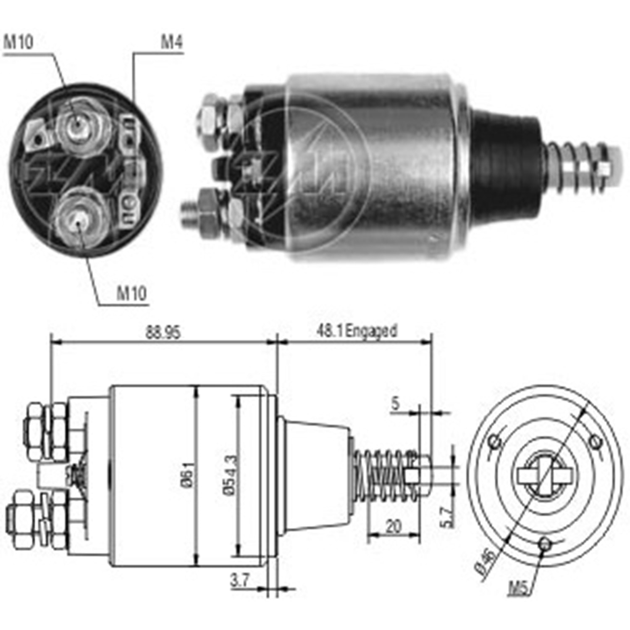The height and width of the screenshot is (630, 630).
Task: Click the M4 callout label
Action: (172, 42)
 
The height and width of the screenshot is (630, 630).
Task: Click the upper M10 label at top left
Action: (18, 42)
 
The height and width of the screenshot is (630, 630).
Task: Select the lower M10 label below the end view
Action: (131, 293)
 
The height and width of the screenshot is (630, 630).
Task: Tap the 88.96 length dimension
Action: (163, 333)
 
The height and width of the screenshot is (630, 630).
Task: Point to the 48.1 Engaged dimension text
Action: (356, 331)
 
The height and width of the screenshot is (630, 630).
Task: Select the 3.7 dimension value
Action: (240, 580)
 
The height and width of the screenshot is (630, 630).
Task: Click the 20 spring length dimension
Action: (393, 526)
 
